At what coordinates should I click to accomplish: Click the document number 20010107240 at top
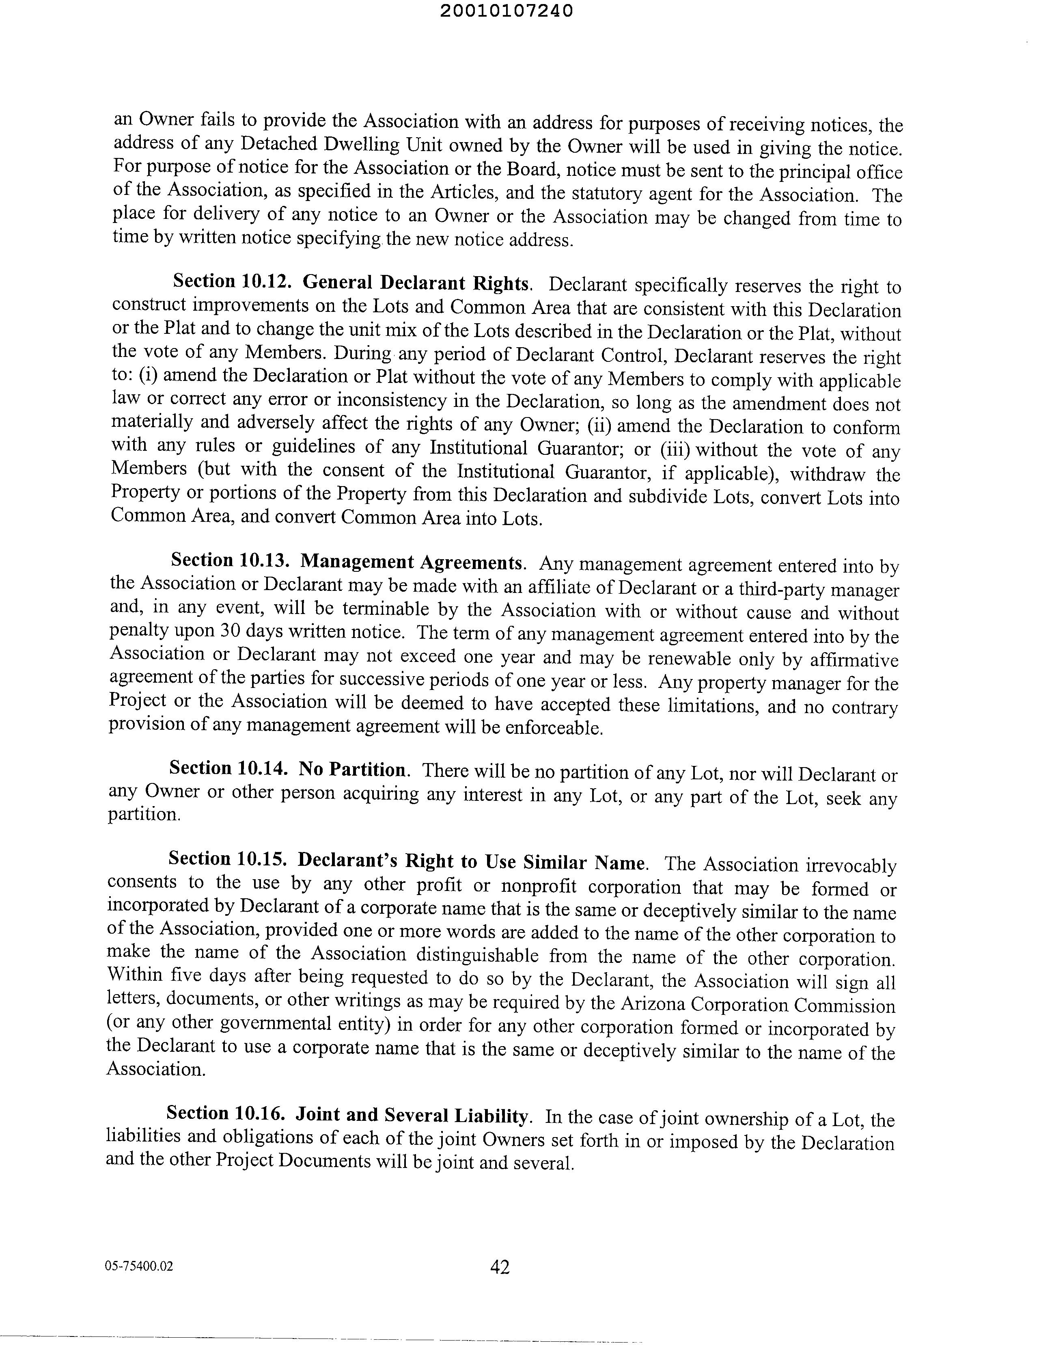tap(507, 11)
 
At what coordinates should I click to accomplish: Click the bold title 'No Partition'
tap(352, 770)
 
